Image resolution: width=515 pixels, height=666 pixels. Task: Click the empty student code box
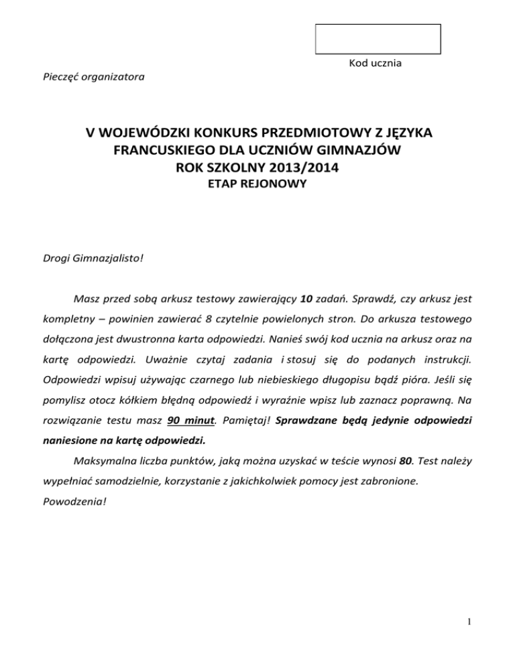point(378,39)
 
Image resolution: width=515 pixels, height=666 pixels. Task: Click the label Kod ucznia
point(376,63)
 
